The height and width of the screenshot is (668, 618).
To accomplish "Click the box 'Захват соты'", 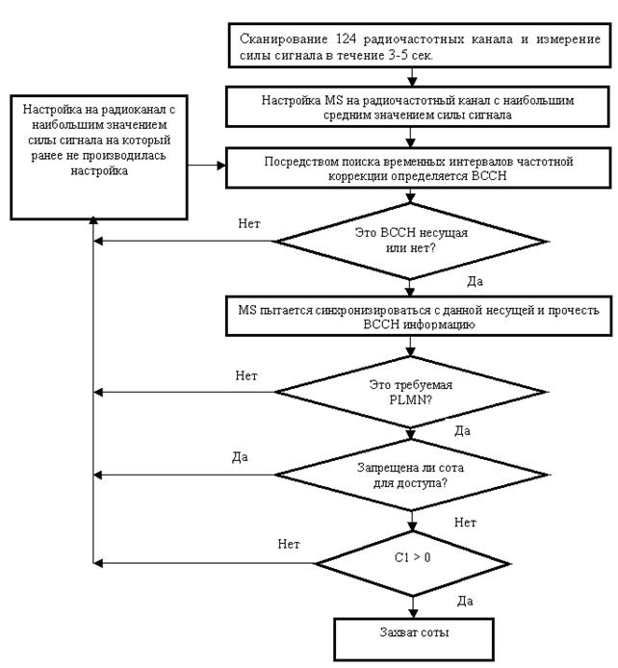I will (413, 636).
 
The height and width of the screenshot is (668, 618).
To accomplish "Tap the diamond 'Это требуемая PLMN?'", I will (413, 391).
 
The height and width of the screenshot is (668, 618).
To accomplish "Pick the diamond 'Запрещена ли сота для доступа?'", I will (413, 474).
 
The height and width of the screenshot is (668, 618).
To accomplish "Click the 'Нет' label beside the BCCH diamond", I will (249, 224).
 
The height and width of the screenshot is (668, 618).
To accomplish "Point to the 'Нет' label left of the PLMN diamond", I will (246, 374).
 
